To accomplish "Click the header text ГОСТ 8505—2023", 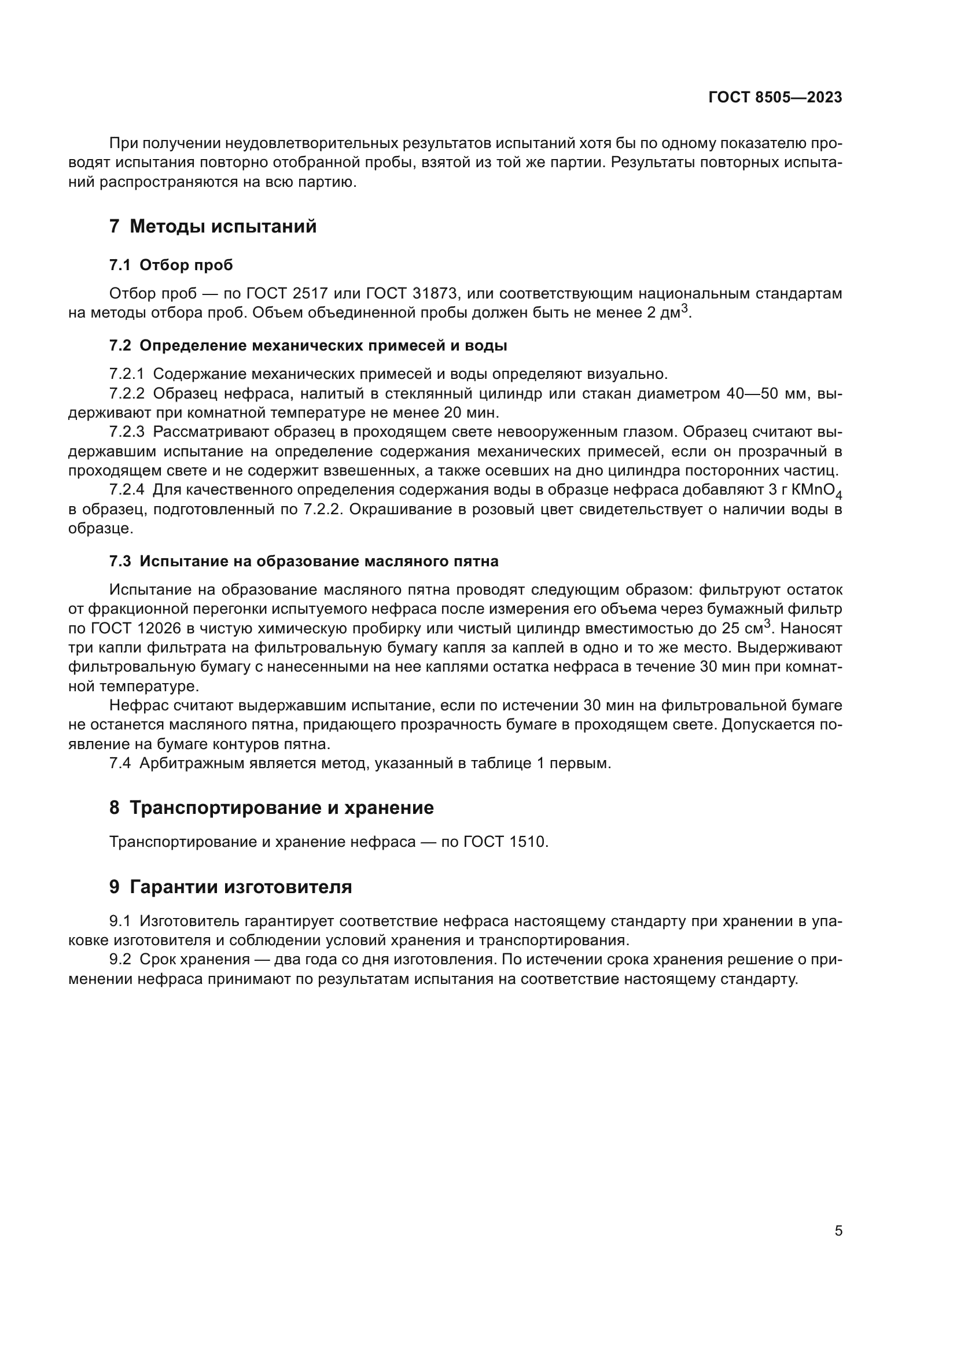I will coord(775,98).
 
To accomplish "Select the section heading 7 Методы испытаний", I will coord(213,226).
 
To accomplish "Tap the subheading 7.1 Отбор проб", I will coord(171,265).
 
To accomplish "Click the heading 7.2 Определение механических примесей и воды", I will coord(308,346).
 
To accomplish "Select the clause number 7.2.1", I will coord(126,374).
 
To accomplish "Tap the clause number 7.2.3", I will coord(126,432).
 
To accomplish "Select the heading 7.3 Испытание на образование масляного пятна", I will coord(304,561).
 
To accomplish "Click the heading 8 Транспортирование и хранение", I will coord(272,808).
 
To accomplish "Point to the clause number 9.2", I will coord(120,959).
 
